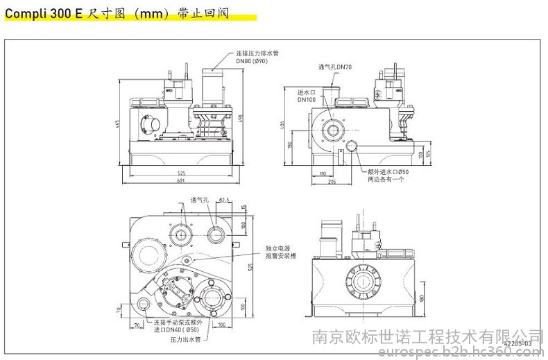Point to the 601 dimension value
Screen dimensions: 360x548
click(180, 182)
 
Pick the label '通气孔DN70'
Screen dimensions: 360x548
click(336, 67)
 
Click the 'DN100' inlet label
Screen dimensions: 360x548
click(307, 99)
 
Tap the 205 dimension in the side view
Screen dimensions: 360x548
click(333, 182)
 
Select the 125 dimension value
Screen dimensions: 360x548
click(430, 153)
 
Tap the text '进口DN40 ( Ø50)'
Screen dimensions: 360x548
click(179, 330)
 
